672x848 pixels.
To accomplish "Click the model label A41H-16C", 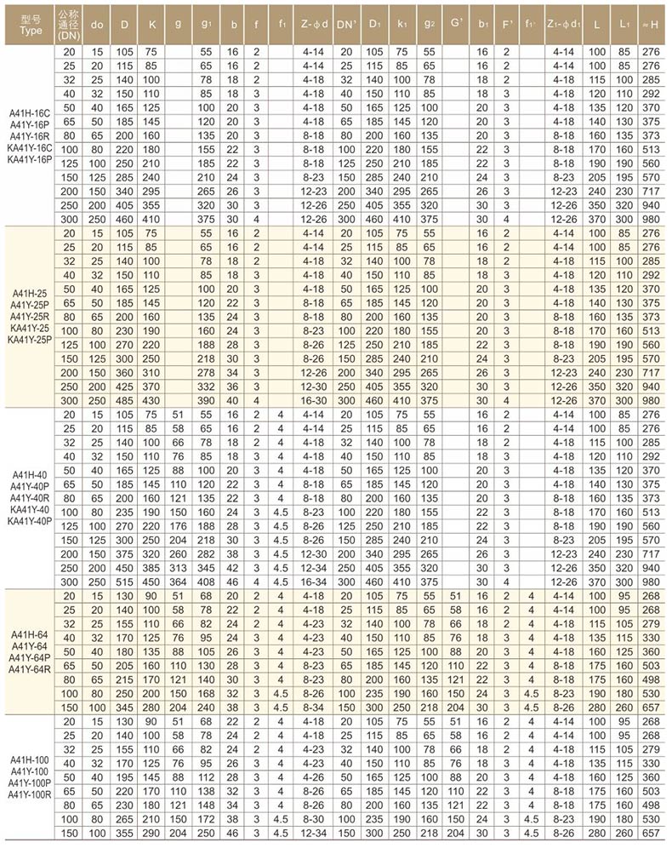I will click(29, 112).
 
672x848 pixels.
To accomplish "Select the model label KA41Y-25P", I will click(29, 340).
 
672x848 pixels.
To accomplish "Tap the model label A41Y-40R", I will click(29, 496).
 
